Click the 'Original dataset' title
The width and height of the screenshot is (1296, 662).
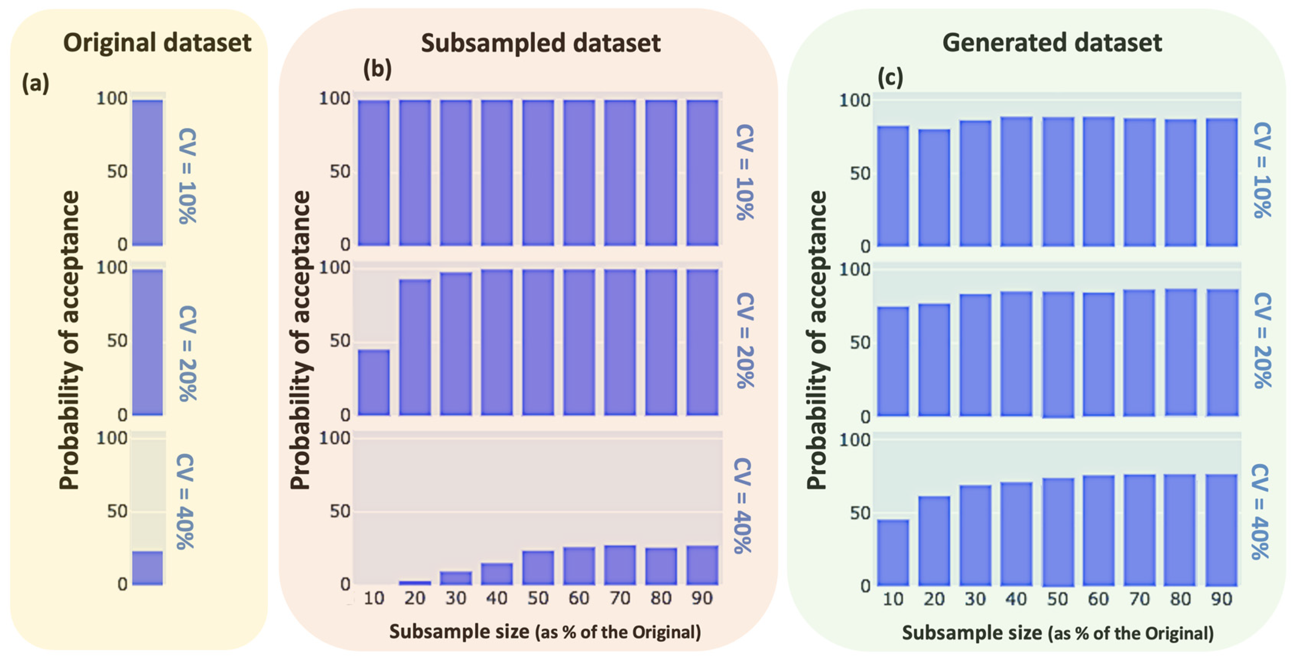(157, 42)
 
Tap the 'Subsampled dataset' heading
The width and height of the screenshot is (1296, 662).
(540, 43)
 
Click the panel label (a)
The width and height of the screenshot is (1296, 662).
(35, 83)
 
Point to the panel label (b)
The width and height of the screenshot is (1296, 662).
(377, 69)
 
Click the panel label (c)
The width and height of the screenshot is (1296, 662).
(890, 78)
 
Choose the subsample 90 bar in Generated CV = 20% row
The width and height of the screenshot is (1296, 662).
(1221, 352)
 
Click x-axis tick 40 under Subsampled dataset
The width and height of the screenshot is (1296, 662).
(497, 598)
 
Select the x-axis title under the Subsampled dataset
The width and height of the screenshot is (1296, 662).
(545, 632)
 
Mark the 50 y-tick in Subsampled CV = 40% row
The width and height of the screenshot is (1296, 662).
(341, 511)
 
